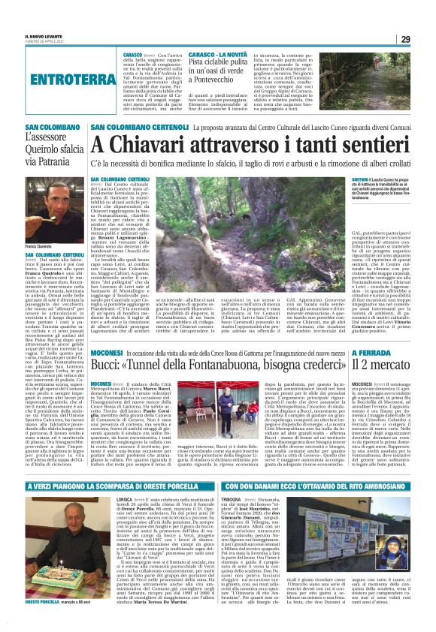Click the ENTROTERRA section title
click(58, 77)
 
